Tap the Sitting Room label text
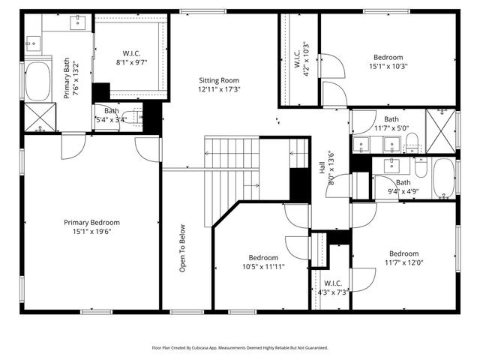pyautogui.click(x=219, y=80)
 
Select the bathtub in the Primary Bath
pyautogui.click(x=37, y=82)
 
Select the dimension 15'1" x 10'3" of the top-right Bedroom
pyautogui.click(x=388, y=67)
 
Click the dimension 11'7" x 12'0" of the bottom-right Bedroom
pyautogui.click(x=404, y=262)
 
